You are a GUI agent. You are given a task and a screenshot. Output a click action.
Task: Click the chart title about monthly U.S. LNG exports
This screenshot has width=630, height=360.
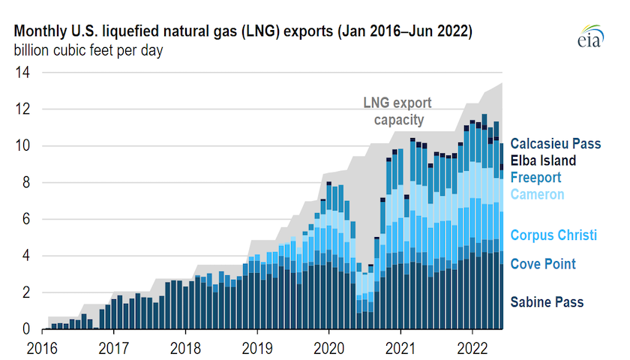tap(243, 32)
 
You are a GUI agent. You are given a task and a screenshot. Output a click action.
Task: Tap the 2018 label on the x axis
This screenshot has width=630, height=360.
tap(184, 348)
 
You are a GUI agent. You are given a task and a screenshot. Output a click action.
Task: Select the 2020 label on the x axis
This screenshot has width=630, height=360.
tap(328, 348)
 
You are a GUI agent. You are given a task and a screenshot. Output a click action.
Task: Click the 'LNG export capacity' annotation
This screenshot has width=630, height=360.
tap(398, 111)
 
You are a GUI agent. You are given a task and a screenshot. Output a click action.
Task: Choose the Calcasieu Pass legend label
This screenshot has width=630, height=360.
tap(556, 143)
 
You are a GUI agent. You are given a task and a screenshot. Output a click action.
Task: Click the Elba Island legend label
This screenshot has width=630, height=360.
tap(543, 160)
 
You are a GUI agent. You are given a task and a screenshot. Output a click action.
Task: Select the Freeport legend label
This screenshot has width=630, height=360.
tap(535, 178)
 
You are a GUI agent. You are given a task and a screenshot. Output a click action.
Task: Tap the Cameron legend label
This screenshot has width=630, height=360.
tap(537, 195)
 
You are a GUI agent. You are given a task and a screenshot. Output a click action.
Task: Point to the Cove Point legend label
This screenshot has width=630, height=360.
tap(543, 264)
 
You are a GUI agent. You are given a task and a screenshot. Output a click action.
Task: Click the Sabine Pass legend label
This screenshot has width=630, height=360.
tap(547, 302)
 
